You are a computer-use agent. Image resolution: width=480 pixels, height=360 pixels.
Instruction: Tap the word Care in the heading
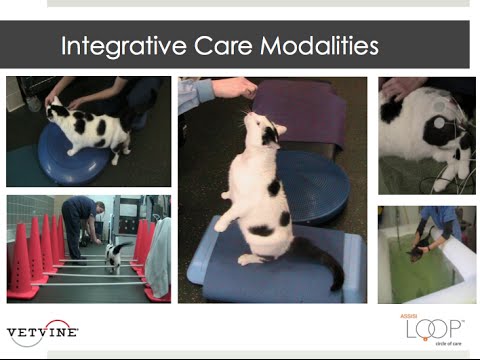(x=229, y=46)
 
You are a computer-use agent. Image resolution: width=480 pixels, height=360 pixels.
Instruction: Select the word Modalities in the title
(x=321, y=46)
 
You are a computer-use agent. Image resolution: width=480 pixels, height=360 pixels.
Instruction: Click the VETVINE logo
(x=42, y=331)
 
